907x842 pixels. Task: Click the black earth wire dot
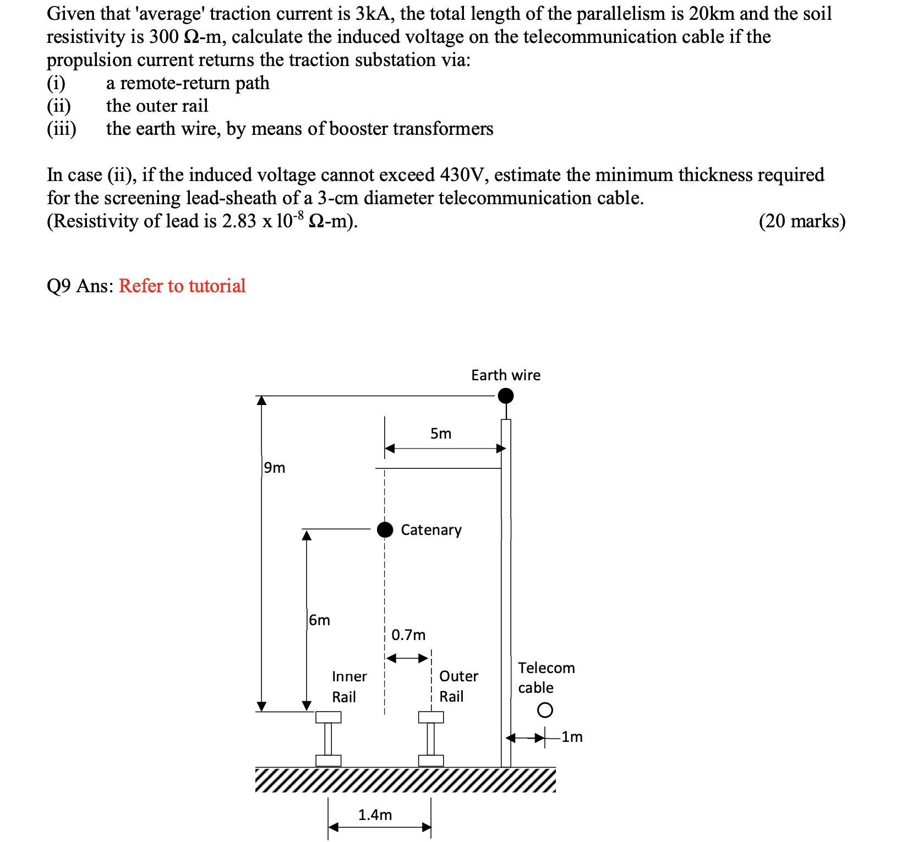click(505, 396)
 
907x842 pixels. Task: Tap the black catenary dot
click(385, 529)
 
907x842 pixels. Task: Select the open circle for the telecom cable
click(544, 710)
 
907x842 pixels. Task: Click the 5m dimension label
click(441, 434)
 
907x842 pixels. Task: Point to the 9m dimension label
click(275, 468)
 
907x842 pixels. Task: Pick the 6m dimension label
click(320, 620)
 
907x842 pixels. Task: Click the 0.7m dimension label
click(408, 635)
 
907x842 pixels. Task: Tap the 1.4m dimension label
click(375, 814)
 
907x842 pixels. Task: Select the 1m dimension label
click(572, 737)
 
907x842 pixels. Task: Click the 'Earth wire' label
click(506, 375)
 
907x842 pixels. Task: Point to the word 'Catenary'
click(431, 530)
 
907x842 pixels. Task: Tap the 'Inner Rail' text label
click(349, 686)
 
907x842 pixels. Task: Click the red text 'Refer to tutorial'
click(182, 286)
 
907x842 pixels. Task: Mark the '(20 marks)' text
click(802, 221)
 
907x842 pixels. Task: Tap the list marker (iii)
click(61, 129)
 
